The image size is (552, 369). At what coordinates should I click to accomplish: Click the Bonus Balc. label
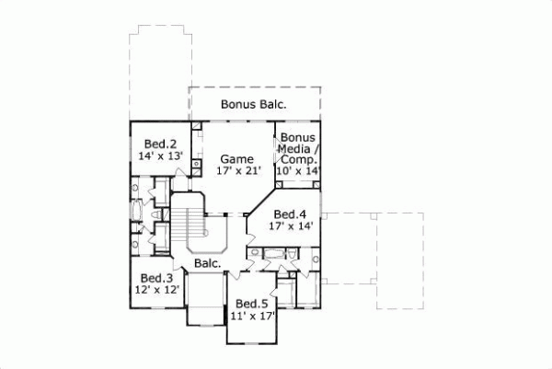253,105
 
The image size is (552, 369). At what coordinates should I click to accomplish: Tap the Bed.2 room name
159,144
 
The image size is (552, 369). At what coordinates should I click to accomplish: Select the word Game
236,158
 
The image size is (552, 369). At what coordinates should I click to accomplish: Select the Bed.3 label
156,278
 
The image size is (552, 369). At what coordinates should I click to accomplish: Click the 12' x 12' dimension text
156,290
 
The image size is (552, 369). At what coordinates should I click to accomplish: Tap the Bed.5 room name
251,304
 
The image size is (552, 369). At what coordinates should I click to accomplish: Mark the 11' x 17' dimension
251,316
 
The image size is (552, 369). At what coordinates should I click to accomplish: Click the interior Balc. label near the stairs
206,263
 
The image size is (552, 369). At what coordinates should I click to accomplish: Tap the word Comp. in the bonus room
300,159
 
